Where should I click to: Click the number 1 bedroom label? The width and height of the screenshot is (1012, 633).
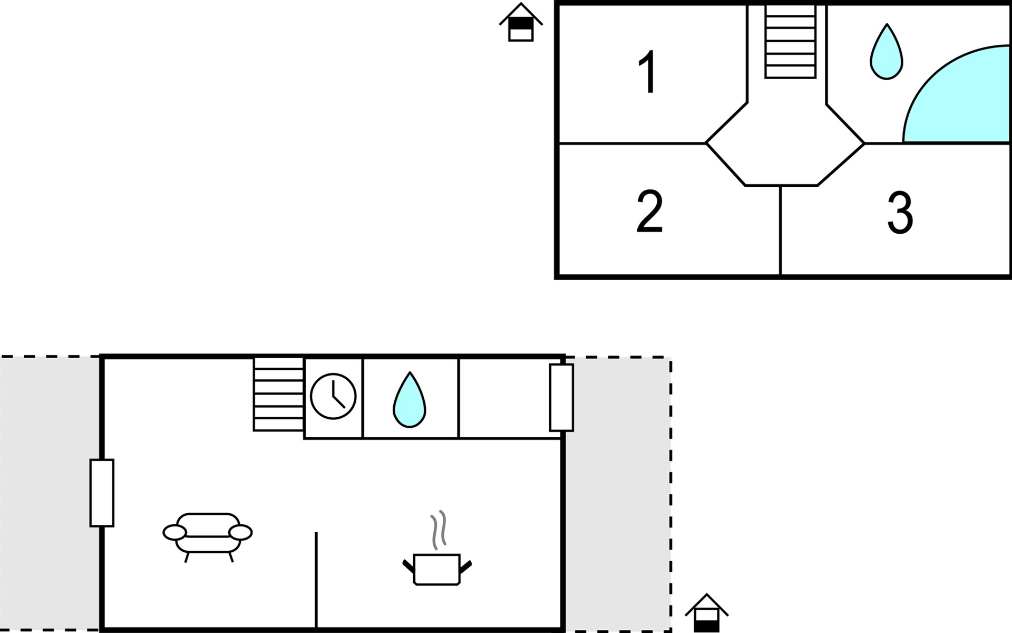(x=648, y=72)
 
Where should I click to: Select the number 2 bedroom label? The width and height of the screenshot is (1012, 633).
(x=649, y=211)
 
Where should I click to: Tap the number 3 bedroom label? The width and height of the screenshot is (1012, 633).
(x=900, y=213)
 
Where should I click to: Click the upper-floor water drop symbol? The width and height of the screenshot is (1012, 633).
(x=887, y=52)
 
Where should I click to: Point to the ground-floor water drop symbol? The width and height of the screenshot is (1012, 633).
(x=410, y=400)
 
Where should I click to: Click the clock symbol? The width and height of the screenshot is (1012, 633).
(x=333, y=396)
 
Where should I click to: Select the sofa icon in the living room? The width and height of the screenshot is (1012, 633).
(x=208, y=537)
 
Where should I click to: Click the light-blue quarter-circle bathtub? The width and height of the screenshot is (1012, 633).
(x=957, y=95)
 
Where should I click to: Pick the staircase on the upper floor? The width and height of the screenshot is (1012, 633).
(x=790, y=42)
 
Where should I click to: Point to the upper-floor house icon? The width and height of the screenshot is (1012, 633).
(x=521, y=22)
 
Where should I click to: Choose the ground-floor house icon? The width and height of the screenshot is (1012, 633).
(x=706, y=613)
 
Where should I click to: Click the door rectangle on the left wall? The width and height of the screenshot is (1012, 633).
(x=102, y=493)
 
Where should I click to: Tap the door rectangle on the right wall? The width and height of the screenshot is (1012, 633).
(x=561, y=397)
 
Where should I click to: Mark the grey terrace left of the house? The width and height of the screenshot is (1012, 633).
(x=50, y=494)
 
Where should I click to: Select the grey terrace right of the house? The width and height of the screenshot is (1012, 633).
(x=618, y=494)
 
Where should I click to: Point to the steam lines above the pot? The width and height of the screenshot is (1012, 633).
(x=439, y=530)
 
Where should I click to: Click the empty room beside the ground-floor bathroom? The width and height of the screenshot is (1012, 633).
(x=509, y=398)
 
